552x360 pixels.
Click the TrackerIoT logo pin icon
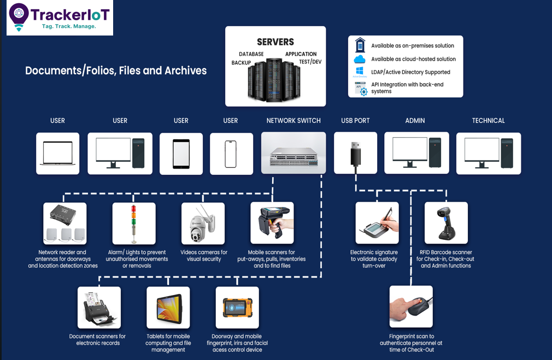(x=19, y=15)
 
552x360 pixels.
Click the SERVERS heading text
(x=275, y=42)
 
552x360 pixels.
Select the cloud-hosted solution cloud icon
(x=360, y=59)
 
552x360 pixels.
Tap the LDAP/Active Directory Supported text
(x=410, y=72)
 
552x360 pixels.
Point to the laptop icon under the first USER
(x=57, y=154)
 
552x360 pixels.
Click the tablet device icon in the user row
(x=181, y=154)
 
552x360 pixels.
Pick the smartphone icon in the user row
(x=231, y=154)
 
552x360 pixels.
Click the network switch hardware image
(x=293, y=154)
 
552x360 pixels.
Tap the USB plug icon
(x=355, y=153)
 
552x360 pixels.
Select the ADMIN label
(x=415, y=121)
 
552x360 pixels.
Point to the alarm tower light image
(x=134, y=223)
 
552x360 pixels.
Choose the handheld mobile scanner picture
(x=272, y=223)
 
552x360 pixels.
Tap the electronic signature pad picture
(x=377, y=223)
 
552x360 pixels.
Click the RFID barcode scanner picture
(x=446, y=223)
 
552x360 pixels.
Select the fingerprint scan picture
(x=411, y=306)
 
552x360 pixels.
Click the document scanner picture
(x=99, y=308)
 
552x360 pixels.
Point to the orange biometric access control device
(x=237, y=308)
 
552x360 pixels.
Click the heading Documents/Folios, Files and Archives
(x=116, y=70)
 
